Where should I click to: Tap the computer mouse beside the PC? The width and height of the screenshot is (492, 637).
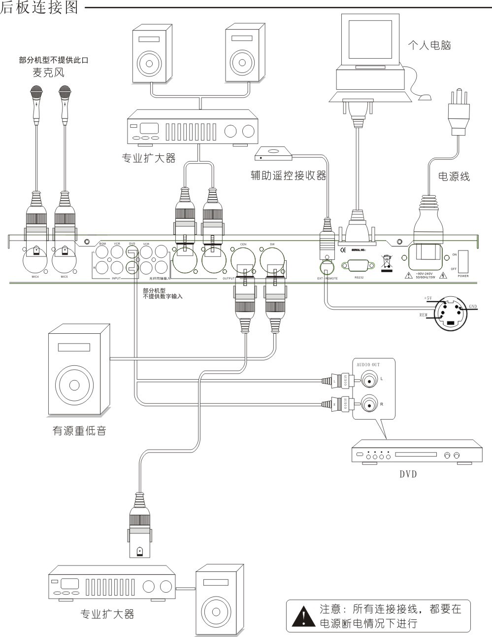(x=424, y=98)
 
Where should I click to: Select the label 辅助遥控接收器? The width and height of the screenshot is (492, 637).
(x=288, y=176)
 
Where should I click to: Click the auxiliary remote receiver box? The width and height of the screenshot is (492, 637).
(x=273, y=154)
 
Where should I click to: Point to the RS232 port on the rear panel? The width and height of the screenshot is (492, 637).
(x=359, y=266)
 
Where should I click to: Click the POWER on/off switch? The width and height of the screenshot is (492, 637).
(x=463, y=261)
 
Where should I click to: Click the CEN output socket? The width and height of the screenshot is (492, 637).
(x=243, y=258)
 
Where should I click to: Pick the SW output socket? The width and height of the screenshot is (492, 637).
(x=272, y=258)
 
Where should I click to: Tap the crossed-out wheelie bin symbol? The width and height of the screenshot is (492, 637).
(x=387, y=261)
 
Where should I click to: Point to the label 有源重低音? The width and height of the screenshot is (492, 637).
(x=79, y=430)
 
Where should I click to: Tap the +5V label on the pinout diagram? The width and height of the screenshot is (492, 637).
(x=427, y=298)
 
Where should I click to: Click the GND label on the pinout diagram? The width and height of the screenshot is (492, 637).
(x=472, y=306)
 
